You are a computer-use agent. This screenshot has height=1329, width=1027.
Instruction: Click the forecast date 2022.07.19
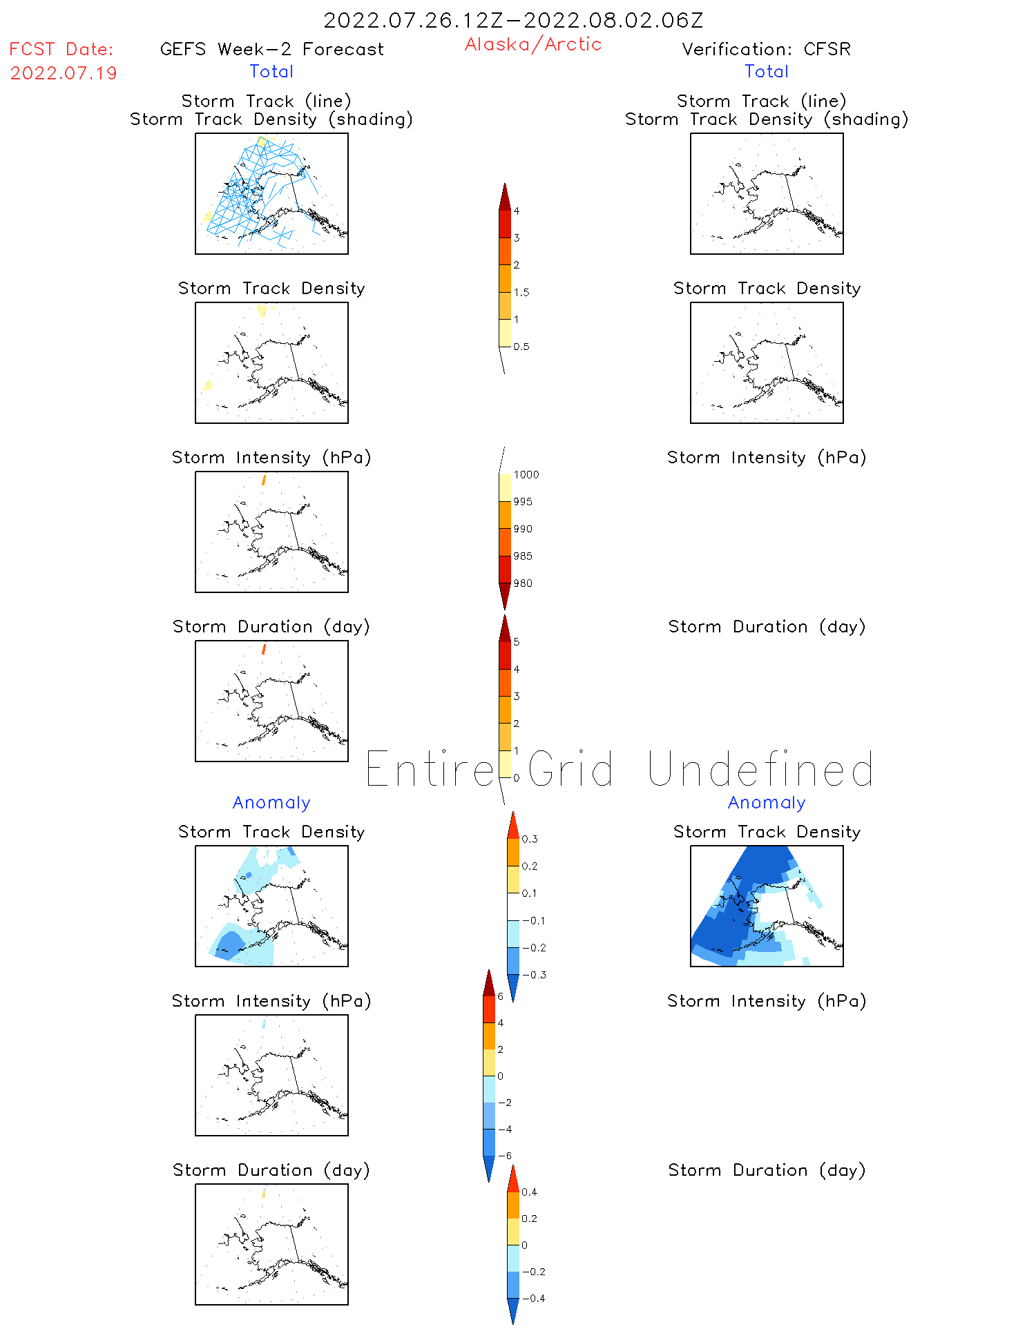click(64, 73)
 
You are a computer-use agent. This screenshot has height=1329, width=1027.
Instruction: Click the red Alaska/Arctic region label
click(532, 44)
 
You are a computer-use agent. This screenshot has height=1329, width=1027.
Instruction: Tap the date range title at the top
click(513, 20)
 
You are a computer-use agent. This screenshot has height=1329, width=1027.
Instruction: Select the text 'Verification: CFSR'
click(766, 49)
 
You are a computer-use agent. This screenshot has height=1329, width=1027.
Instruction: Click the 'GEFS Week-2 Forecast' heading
click(271, 49)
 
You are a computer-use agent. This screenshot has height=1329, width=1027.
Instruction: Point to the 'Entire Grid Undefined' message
click(619, 770)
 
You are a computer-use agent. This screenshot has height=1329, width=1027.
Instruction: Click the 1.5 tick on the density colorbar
click(521, 293)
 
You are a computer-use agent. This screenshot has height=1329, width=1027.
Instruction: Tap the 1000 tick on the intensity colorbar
click(526, 475)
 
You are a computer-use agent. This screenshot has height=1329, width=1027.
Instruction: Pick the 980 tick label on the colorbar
click(523, 583)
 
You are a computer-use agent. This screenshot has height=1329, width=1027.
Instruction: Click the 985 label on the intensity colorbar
click(523, 556)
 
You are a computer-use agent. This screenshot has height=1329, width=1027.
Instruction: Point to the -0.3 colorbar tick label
click(534, 975)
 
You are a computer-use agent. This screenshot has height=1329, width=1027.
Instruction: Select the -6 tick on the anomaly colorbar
click(505, 1156)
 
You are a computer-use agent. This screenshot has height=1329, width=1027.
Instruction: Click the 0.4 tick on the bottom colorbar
click(529, 1192)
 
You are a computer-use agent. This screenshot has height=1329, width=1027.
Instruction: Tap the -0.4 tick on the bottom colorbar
click(533, 1299)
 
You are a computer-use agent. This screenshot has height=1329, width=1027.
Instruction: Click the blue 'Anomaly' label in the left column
click(271, 802)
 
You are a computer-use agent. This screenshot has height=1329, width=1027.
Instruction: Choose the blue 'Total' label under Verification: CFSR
click(766, 71)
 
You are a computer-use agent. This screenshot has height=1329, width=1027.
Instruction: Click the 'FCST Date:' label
click(61, 49)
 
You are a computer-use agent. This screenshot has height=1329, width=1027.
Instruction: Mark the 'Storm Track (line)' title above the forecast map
click(266, 101)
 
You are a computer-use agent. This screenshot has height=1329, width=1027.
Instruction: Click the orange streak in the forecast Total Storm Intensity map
click(264, 479)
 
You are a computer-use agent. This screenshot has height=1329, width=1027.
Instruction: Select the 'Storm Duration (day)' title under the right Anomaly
click(766, 1170)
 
